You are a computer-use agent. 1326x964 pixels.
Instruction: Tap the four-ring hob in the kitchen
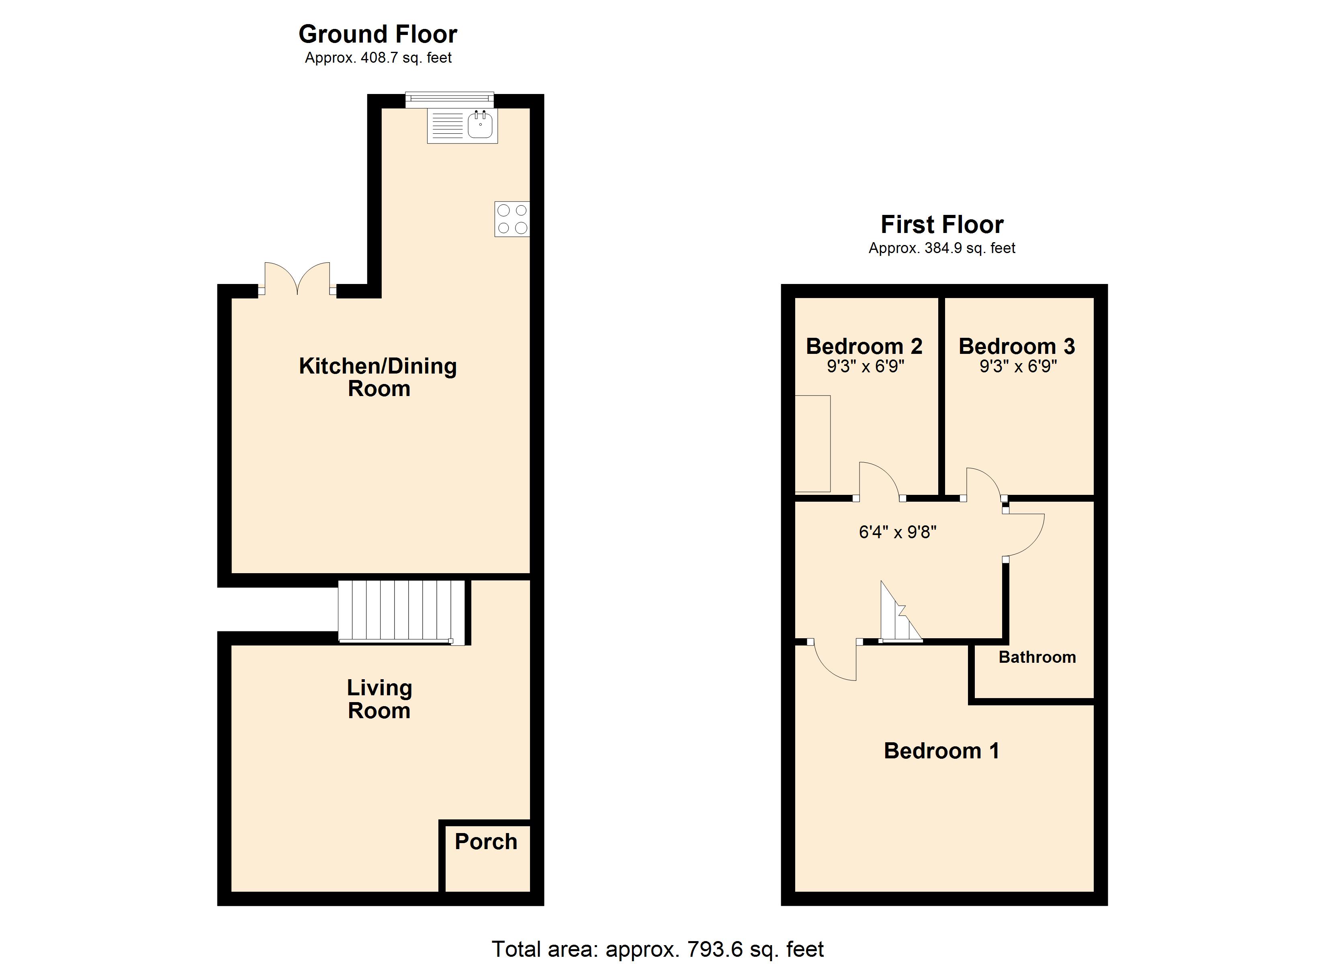coord(512,219)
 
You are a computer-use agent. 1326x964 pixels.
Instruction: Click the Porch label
coord(486,842)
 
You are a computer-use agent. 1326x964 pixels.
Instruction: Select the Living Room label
coord(379,699)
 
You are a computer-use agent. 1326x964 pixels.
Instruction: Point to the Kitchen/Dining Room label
coord(378,377)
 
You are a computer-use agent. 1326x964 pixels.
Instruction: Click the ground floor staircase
coord(402,612)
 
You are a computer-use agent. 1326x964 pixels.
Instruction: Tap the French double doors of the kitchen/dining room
coord(298,278)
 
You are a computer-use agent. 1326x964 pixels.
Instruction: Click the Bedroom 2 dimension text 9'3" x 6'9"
coord(866,367)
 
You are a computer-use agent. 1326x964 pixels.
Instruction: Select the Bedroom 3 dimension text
coord(1019,367)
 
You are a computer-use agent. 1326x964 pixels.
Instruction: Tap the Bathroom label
coord(1037,657)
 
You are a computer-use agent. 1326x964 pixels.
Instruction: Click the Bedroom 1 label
coord(942,751)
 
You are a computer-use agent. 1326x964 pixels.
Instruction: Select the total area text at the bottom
coord(658,950)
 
